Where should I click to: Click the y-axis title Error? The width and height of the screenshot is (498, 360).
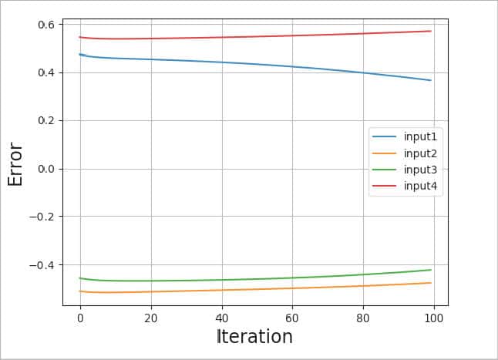coord(16,163)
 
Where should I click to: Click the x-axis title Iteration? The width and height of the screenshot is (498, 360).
coord(254,337)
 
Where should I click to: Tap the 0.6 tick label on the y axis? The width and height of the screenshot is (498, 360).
coord(46,25)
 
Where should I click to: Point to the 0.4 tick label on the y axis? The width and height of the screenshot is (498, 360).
coord(46,72)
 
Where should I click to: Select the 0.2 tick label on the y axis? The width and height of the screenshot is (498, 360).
coord(46,120)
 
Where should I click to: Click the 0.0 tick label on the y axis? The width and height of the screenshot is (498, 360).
coord(46,169)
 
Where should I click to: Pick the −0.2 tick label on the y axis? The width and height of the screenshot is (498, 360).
coord(43,217)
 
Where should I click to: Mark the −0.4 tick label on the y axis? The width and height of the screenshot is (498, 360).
coord(43,264)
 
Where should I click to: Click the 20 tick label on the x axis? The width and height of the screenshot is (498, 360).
coord(151,318)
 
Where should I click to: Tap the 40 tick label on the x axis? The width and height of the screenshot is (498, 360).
coord(222,318)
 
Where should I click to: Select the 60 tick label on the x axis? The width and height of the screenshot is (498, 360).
coord(293,318)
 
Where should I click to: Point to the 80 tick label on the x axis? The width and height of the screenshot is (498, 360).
coord(363,318)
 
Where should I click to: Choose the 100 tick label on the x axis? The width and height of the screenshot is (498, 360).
coord(434,318)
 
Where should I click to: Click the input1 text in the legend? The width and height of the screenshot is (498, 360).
coord(420,136)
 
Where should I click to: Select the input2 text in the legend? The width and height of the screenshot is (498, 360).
coord(420,153)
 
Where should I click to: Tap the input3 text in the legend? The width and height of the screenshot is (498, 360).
coord(420,170)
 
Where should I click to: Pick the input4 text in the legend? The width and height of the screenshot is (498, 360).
coord(420,186)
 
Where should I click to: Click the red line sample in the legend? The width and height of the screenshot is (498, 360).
coord(385,186)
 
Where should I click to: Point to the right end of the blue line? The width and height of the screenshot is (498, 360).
coord(431,80)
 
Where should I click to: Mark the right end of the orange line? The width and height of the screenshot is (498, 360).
coord(431,283)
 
